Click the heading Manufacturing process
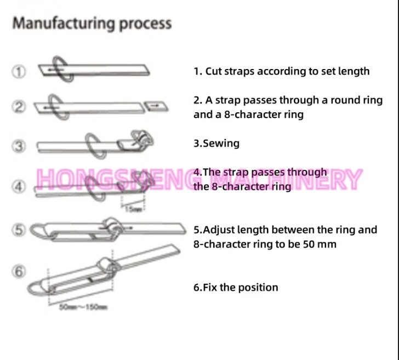(x=92, y=24)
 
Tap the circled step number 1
(x=19, y=71)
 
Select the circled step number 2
(x=19, y=107)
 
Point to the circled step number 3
(x=19, y=146)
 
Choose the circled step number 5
(x=19, y=230)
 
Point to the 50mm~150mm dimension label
(x=82, y=306)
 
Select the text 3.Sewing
(x=216, y=144)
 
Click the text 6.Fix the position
(x=236, y=287)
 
